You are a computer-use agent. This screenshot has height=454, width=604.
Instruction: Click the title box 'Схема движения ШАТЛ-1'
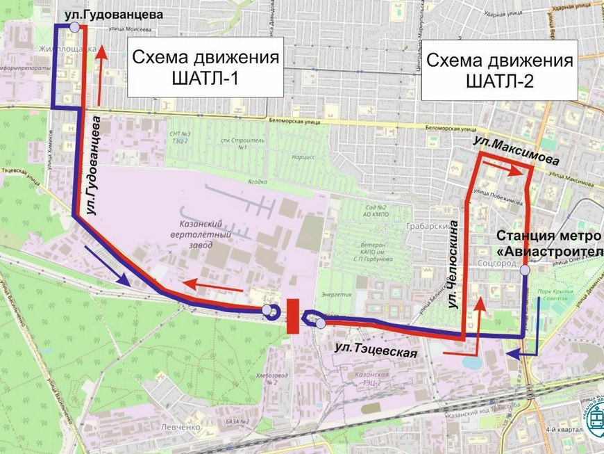[205, 67]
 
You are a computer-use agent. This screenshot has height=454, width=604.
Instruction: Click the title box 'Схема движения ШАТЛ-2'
[499, 70]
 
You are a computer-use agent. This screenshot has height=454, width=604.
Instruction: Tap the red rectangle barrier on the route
[292, 316]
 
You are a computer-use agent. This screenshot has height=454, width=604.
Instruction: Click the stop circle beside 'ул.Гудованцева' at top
[74, 26]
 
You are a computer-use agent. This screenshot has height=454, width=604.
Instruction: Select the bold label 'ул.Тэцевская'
[375, 348]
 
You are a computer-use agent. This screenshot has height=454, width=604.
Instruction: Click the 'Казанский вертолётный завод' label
[201, 237]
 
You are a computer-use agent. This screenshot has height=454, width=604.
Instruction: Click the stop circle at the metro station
[526, 270]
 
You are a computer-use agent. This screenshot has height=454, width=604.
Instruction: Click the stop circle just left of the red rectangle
[268, 310]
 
